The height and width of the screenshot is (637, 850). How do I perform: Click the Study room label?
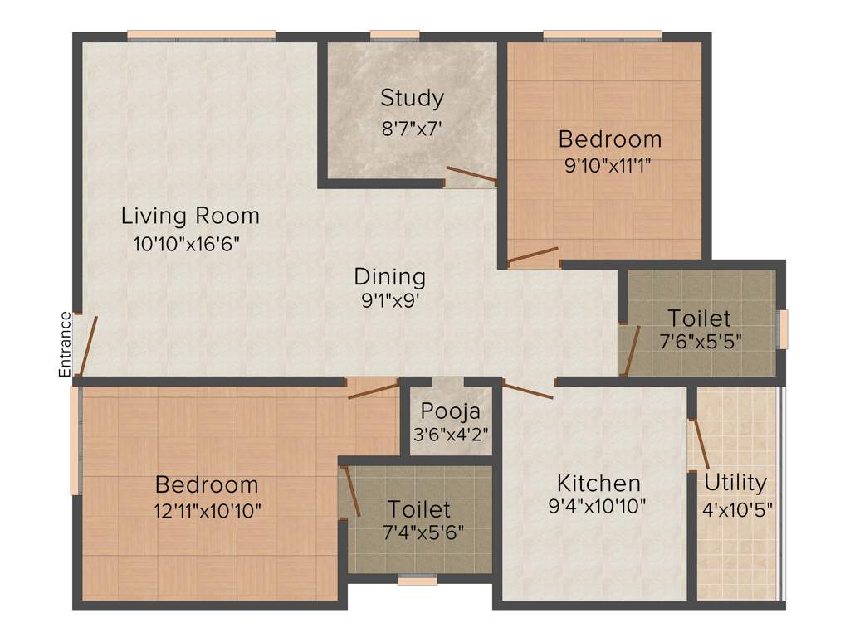click(412, 98)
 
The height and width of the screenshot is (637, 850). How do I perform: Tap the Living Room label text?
click(190, 216)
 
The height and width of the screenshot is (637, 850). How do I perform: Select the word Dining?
click(389, 276)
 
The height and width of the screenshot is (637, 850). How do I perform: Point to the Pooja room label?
click(450, 411)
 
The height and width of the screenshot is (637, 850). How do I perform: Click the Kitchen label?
click(598, 483)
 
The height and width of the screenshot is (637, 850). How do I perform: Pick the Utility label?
click(735, 482)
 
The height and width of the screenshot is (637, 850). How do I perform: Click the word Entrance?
click(66, 343)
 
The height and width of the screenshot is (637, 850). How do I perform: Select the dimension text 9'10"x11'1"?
click(607, 165)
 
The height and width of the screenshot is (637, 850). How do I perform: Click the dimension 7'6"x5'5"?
click(699, 342)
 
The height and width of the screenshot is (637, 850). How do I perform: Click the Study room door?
click(471, 176)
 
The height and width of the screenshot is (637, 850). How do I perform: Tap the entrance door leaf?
click(88, 345)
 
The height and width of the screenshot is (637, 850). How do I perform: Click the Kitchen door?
click(528, 391)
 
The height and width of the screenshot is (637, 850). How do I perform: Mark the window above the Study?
click(394, 36)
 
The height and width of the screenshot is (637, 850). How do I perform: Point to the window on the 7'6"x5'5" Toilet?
click(782, 329)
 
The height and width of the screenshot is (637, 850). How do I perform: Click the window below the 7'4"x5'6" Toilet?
click(417, 581)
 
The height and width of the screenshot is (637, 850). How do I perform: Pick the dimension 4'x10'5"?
click(736, 508)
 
